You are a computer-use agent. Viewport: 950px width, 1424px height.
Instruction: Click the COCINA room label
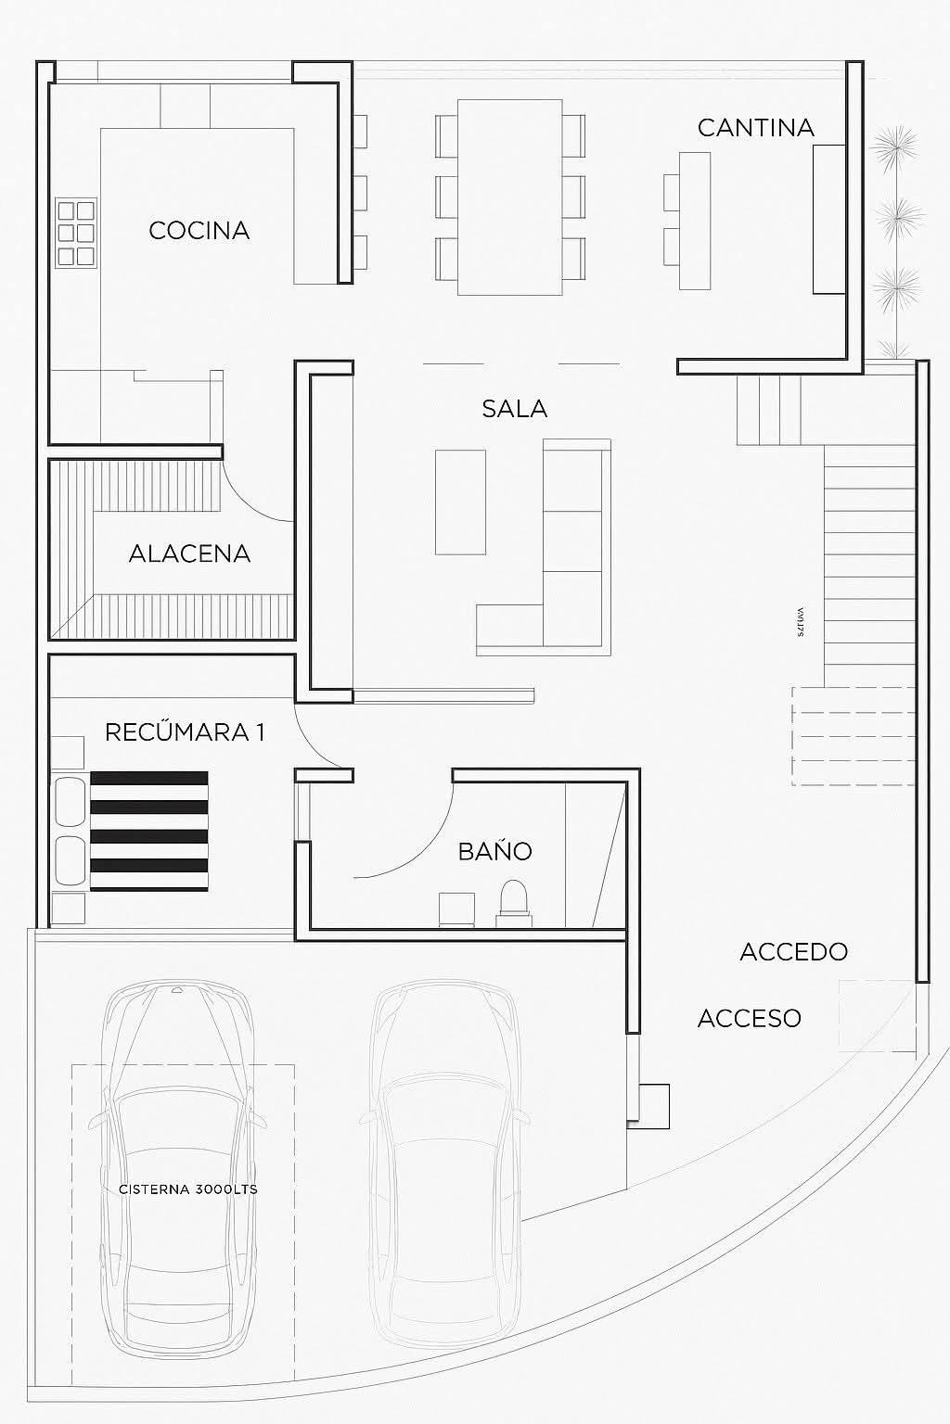(x=199, y=230)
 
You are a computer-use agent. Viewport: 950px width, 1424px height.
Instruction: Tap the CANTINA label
(x=755, y=128)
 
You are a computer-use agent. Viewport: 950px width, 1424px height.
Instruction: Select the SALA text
(x=514, y=409)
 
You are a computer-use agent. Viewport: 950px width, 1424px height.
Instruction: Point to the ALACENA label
(x=189, y=554)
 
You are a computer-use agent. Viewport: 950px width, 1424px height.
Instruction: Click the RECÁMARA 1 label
(x=185, y=732)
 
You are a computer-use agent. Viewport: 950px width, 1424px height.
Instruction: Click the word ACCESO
(x=749, y=1018)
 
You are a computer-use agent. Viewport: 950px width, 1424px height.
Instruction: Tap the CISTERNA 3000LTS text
(x=188, y=1189)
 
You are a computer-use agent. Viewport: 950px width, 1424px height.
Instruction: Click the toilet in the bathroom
(x=513, y=902)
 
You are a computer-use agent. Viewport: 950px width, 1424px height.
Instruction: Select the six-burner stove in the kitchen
(x=77, y=233)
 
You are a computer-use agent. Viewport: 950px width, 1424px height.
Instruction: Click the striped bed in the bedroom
(x=148, y=831)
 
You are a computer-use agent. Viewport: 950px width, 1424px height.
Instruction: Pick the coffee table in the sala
(x=460, y=502)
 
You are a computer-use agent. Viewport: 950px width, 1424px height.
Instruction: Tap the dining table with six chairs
(x=510, y=197)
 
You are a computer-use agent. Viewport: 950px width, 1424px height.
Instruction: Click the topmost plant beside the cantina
(x=894, y=146)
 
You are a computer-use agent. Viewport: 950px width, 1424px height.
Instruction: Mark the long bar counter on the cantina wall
(x=828, y=219)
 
